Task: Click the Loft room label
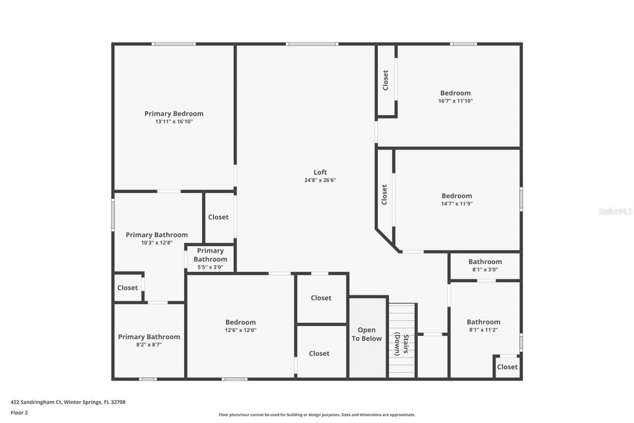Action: (320, 172)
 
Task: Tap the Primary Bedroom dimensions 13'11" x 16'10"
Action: (174, 121)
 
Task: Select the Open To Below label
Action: (367, 334)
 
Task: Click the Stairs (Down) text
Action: (402, 345)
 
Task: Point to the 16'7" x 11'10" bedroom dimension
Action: (456, 101)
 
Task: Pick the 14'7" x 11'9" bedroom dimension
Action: (457, 203)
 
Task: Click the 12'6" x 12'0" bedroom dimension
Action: (241, 330)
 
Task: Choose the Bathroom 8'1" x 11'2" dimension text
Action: (483, 330)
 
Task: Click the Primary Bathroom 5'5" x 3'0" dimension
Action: (211, 267)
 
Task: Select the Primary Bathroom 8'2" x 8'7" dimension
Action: (149, 344)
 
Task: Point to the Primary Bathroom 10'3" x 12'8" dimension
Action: (157, 242)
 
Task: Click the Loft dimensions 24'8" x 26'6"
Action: (320, 180)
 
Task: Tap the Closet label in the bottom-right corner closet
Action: (507, 367)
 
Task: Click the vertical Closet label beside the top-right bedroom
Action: (385, 80)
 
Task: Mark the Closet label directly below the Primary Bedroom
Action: (218, 217)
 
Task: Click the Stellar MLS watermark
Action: (615, 211)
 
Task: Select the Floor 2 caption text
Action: (19, 412)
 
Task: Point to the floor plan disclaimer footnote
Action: (317, 415)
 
